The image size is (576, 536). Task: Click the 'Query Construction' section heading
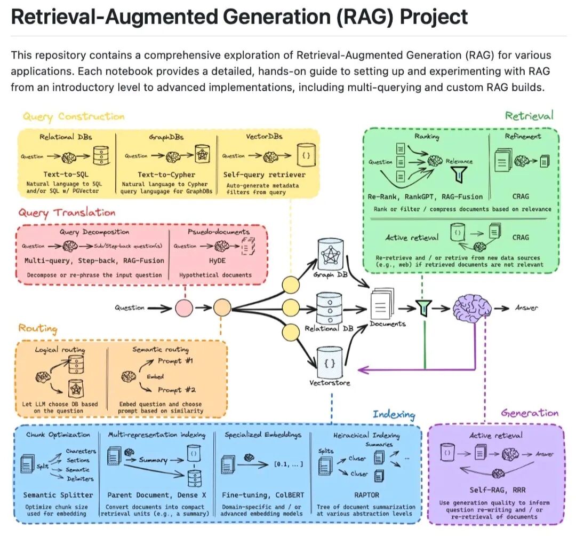click(x=74, y=116)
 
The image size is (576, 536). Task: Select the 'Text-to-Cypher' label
click(x=166, y=175)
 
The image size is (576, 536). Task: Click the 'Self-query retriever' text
click(x=265, y=175)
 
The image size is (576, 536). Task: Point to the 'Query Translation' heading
click(x=67, y=212)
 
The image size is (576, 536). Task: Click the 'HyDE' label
click(x=214, y=261)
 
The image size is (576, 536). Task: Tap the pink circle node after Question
click(x=184, y=308)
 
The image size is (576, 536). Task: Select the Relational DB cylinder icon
click(x=330, y=308)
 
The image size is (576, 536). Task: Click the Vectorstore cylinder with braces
click(x=330, y=362)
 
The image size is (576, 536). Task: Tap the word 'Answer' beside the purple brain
click(x=526, y=308)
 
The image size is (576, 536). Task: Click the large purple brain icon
click(x=471, y=308)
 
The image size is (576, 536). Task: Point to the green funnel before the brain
click(x=425, y=308)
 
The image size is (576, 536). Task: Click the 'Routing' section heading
click(x=38, y=328)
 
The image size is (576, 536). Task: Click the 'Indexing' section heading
click(x=394, y=415)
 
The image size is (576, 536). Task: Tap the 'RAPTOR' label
click(x=366, y=495)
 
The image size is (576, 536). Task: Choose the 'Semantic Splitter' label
click(x=59, y=495)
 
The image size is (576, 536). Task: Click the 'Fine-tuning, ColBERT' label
click(x=262, y=495)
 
